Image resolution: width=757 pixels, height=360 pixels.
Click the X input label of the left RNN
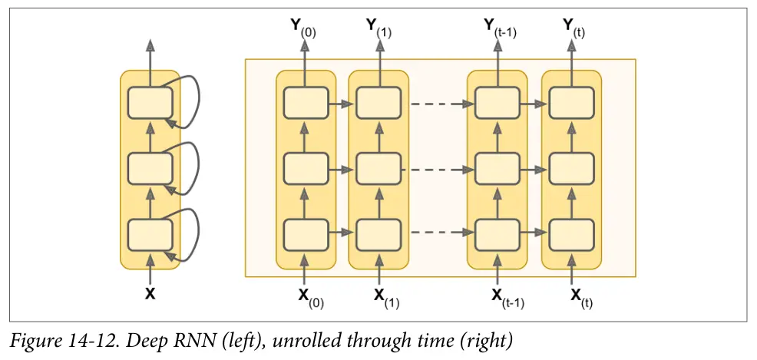coord(150,293)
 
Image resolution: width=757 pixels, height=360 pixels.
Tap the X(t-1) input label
coord(504,296)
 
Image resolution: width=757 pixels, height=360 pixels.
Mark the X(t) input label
coord(577,296)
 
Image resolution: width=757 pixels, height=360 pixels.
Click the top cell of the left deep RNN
coord(150,102)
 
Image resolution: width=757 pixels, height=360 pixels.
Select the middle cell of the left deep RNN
coord(150,167)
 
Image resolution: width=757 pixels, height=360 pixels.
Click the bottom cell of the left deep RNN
coord(150,233)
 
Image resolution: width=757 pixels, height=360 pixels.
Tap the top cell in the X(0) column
coord(306,102)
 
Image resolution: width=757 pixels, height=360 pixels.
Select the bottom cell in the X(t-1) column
coord(498,233)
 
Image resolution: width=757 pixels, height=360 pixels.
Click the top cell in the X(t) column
coord(571,102)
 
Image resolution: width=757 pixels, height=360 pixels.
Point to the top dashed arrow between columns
coord(438,102)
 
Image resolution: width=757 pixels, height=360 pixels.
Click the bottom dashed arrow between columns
coord(438,233)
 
